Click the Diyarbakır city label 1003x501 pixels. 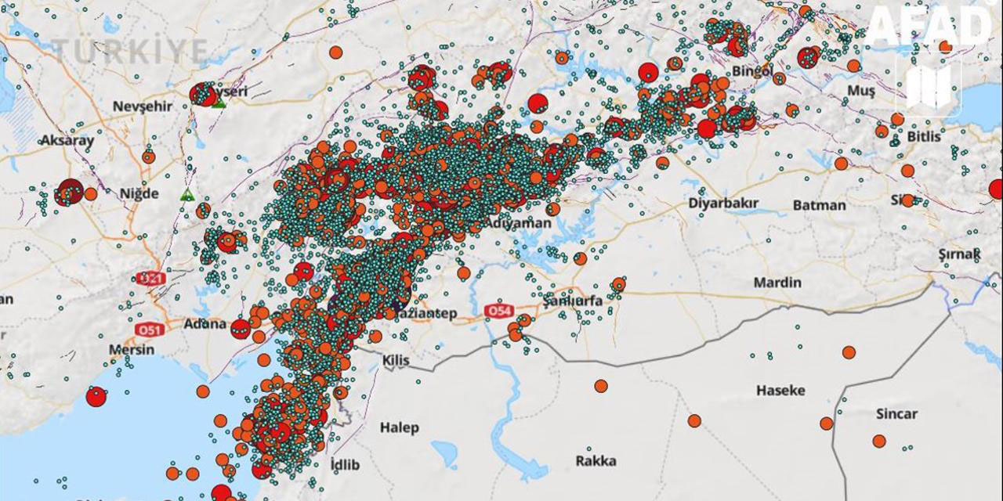[x=723, y=204]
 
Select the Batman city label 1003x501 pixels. [x=820, y=205]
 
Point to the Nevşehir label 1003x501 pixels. [x=142, y=106]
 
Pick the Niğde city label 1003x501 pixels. [x=139, y=193]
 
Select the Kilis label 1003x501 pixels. [x=396, y=359]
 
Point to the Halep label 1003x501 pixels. [x=400, y=427]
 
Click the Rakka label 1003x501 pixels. [x=596, y=460]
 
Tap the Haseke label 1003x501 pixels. [x=780, y=390]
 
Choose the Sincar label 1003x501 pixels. [x=896, y=414]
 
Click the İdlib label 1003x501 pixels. [x=345, y=465]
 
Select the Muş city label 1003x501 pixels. [x=861, y=92]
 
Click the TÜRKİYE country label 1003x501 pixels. [x=130, y=52]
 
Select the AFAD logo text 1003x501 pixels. [x=928, y=28]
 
